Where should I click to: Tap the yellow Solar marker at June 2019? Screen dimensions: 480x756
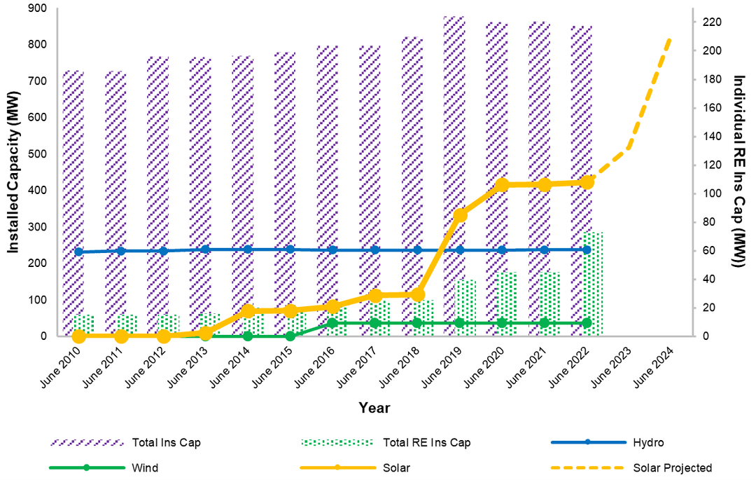pos(460,215)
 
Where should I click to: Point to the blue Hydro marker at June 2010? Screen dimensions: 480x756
pos(78,252)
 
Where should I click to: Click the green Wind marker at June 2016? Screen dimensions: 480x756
pos(332,323)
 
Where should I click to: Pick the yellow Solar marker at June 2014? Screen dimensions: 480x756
pos(248,311)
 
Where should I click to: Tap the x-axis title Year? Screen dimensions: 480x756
pos(374,408)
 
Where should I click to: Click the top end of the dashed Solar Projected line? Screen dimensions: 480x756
pos(671,39)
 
